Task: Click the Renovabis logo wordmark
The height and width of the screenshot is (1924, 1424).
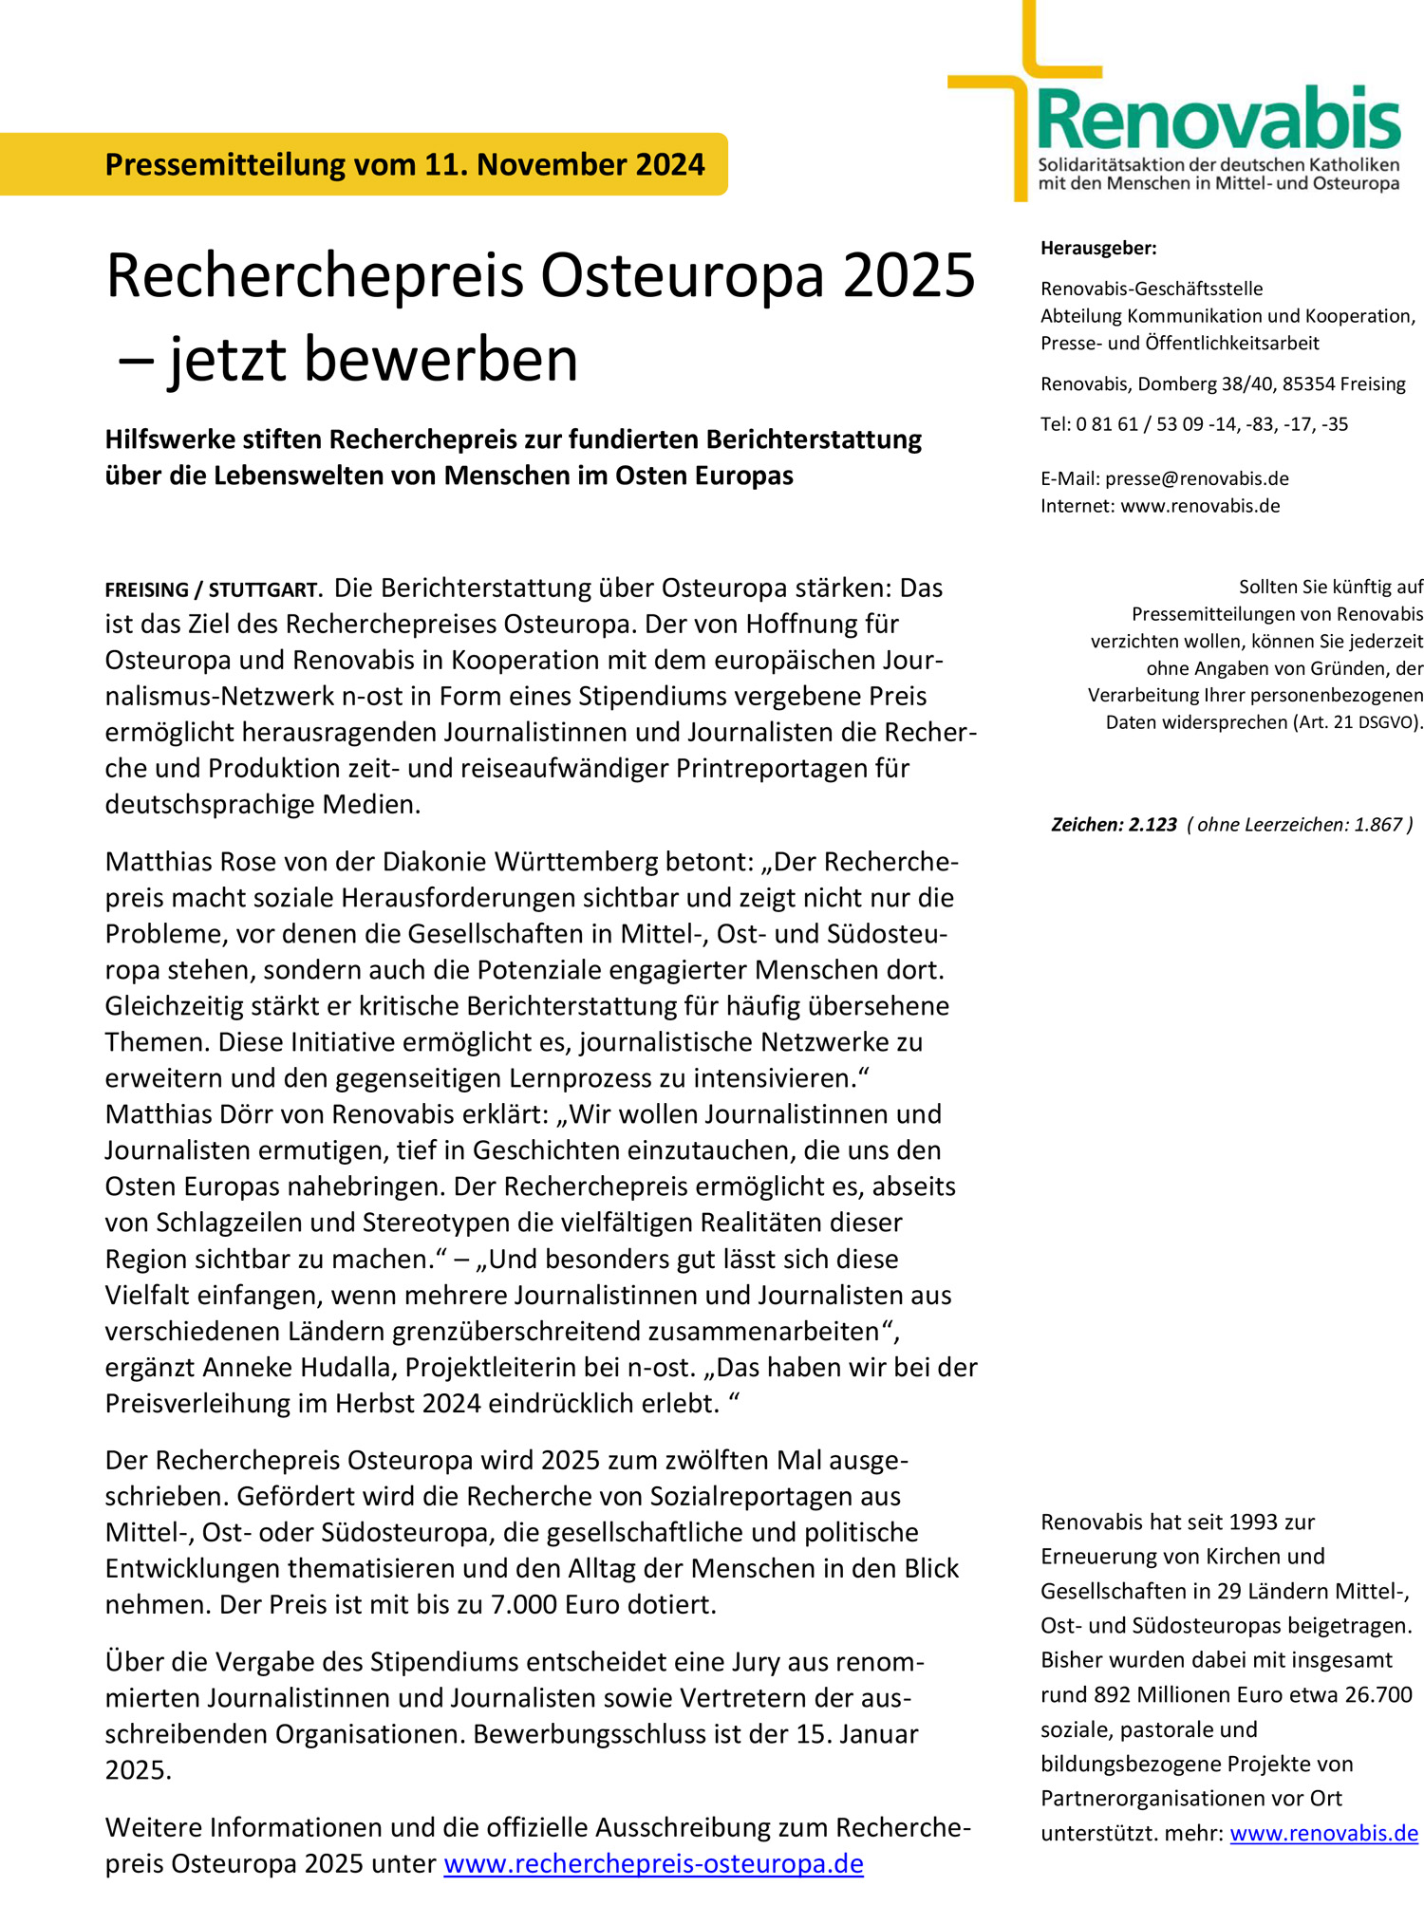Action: pyautogui.click(x=1218, y=120)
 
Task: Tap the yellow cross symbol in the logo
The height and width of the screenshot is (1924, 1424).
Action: pyautogui.click(x=1021, y=85)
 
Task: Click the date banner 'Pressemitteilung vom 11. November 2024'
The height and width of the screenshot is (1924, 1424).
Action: pyautogui.click(x=404, y=164)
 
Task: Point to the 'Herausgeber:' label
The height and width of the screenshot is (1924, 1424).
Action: pyautogui.click(x=1098, y=249)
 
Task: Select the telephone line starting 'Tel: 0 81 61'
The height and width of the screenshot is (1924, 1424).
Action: pyautogui.click(x=1193, y=424)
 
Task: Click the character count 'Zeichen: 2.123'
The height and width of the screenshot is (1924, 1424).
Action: pyautogui.click(x=1114, y=825)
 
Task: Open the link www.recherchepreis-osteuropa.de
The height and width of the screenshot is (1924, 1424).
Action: pyautogui.click(x=653, y=1864)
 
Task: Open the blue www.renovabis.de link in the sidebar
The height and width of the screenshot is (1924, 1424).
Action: pyautogui.click(x=1323, y=1834)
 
